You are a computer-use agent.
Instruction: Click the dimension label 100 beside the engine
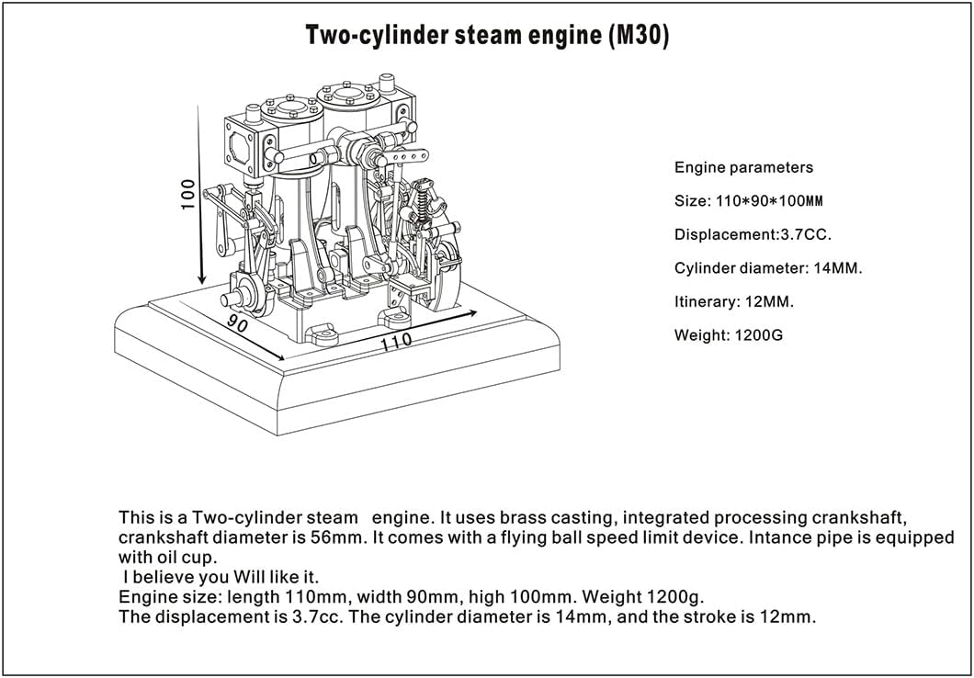(187, 194)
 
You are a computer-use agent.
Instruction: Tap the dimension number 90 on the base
(238, 323)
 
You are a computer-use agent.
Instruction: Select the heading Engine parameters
(743, 167)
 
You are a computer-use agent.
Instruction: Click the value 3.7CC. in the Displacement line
(806, 234)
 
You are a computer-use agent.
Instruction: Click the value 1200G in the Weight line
(758, 335)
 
